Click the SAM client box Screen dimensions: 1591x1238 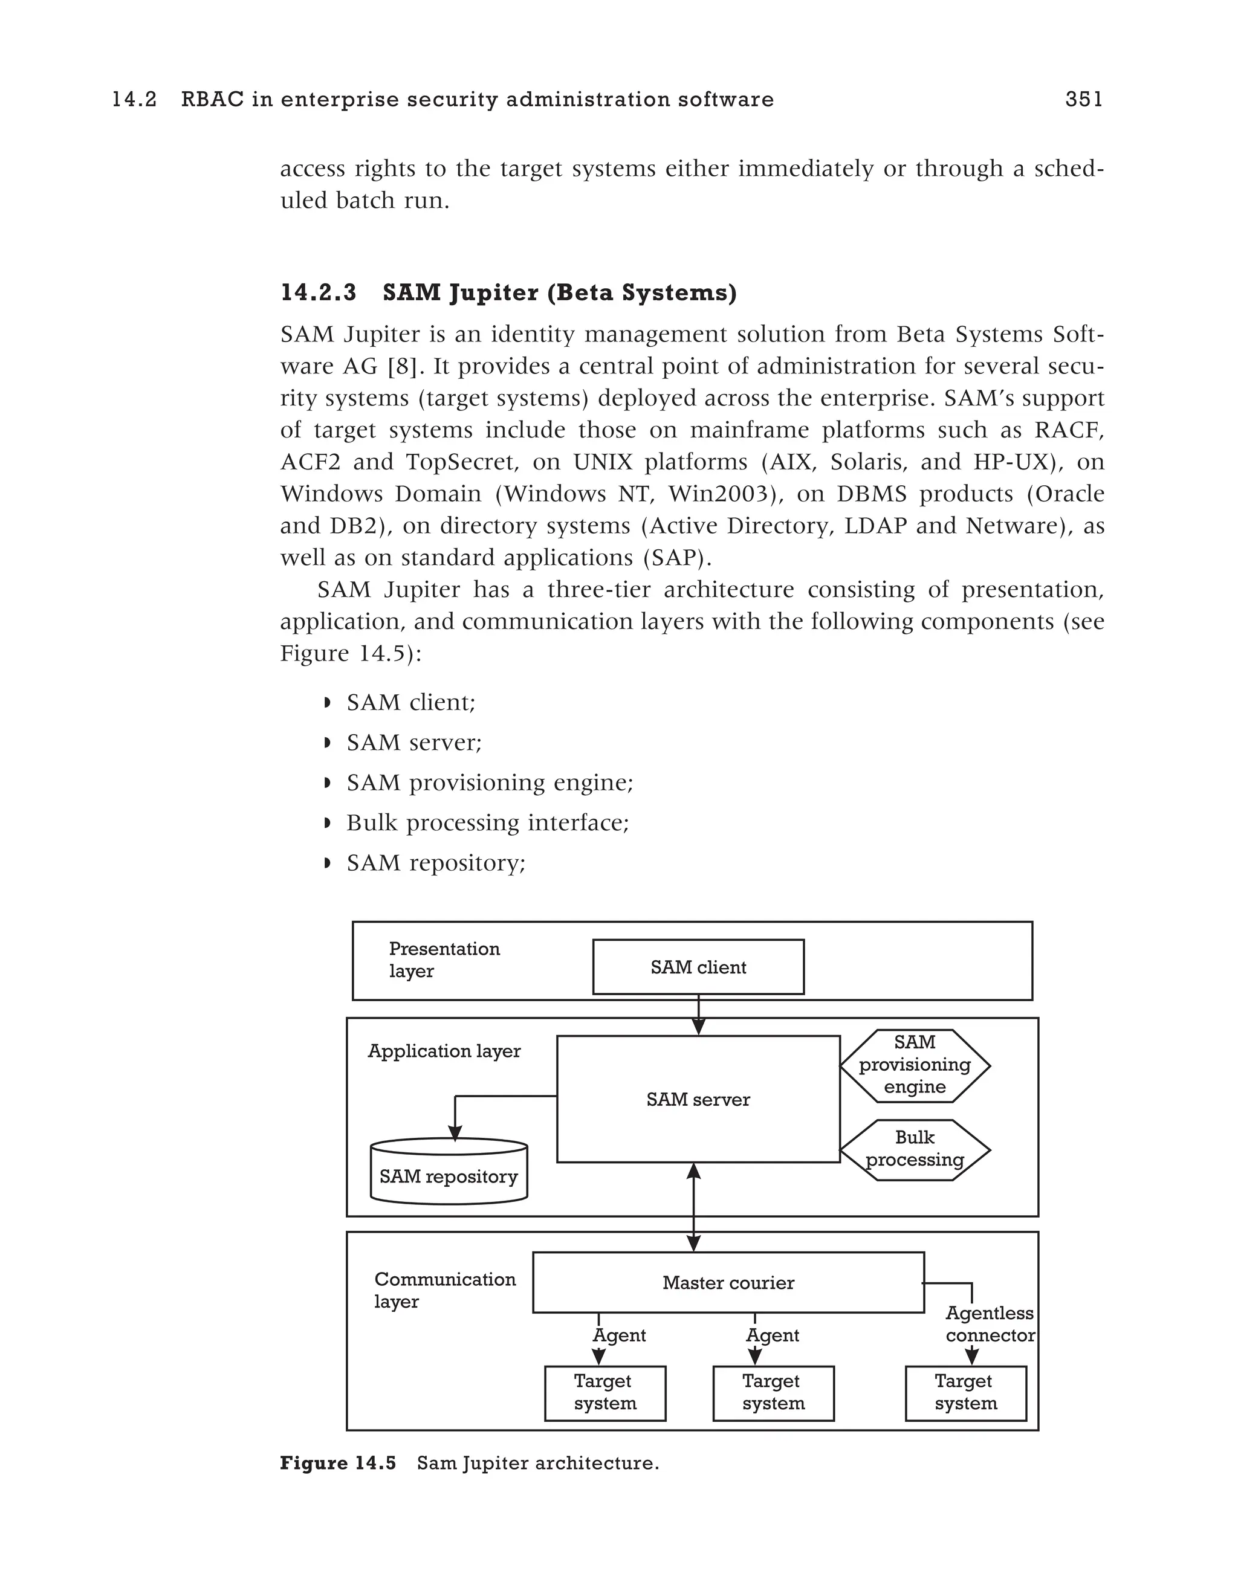[x=698, y=967]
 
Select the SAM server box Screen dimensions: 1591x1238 [x=698, y=1099]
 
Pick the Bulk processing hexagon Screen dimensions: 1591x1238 [x=915, y=1149]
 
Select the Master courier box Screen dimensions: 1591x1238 [x=728, y=1283]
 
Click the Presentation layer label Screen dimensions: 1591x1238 [x=444, y=960]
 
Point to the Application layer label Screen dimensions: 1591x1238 [x=444, y=1051]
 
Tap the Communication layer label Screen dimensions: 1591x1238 [x=444, y=1290]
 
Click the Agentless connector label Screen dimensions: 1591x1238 [x=990, y=1324]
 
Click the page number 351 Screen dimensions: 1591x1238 [x=1083, y=100]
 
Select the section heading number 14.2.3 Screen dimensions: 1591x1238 [x=319, y=293]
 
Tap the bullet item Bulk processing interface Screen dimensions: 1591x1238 [x=487, y=822]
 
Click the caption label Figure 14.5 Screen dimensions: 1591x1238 [x=338, y=1464]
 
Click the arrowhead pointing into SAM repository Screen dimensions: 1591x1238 [x=455, y=1133]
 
